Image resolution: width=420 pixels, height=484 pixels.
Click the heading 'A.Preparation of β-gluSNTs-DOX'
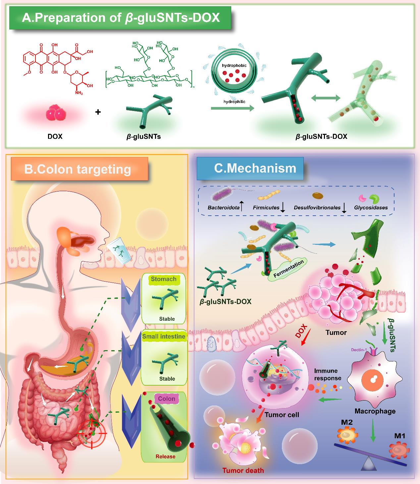pos(121,18)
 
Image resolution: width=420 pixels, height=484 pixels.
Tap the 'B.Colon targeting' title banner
pos(78,169)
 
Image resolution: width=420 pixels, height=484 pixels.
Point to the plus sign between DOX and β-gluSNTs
pos(98,112)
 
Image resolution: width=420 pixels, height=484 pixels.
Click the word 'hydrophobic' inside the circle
pos(234,65)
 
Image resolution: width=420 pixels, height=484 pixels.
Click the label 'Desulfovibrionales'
pos(317,208)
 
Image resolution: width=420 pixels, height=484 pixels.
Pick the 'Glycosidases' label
pos(371,208)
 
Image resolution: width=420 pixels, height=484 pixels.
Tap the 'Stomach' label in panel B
pos(164,279)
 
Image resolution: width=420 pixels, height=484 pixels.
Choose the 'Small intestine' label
pos(164,336)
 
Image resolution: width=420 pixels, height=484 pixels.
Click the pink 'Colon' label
pos(167,399)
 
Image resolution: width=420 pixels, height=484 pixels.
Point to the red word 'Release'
pos(165,457)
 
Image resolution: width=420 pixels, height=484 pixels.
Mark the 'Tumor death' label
pos(243,470)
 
